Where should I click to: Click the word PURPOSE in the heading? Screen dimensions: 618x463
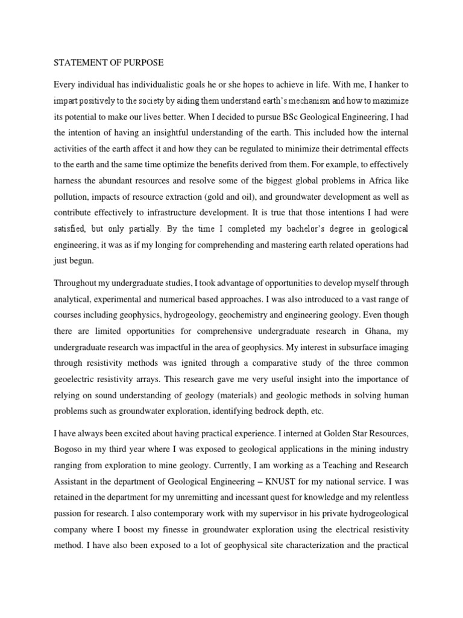[x=143, y=62]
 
